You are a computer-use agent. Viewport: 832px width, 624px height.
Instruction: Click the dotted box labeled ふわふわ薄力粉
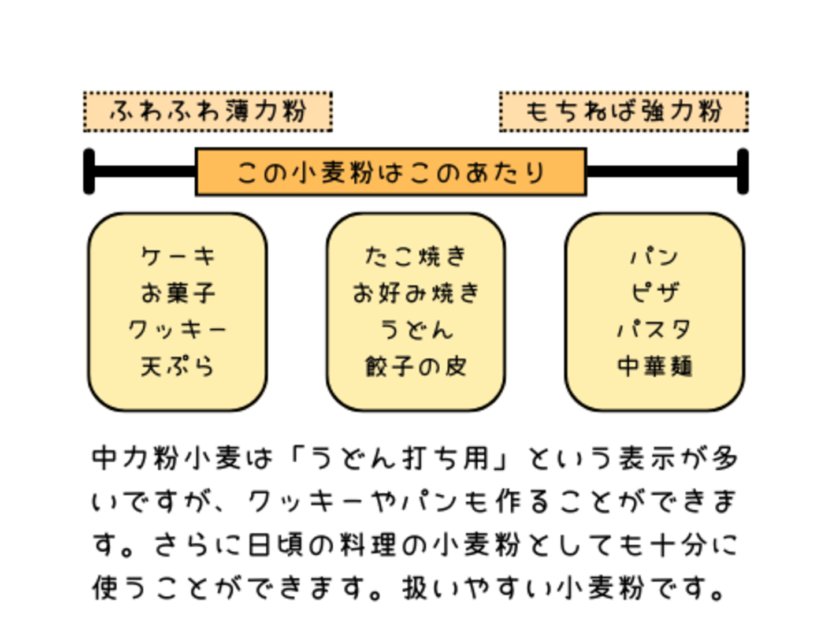208,112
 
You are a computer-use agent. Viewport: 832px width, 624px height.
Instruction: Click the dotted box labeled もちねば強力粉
623,112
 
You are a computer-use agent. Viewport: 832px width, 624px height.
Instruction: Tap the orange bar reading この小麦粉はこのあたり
391,172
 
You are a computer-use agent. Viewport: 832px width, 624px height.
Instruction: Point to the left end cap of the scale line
89,172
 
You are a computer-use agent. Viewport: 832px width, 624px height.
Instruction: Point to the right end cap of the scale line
743,172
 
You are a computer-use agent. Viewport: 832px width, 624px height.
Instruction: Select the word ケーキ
177,256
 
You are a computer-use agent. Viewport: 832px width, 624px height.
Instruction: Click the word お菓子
177,293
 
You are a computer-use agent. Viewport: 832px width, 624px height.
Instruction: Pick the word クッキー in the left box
177,330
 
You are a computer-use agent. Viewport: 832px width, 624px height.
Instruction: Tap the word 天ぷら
177,366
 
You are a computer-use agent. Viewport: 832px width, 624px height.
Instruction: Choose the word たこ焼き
415,256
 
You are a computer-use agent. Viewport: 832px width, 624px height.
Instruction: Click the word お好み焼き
415,293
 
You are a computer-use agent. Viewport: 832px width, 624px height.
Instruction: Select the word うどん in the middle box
415,330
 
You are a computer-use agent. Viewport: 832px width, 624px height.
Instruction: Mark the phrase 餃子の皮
415,366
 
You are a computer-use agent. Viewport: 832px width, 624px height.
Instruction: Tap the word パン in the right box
654,256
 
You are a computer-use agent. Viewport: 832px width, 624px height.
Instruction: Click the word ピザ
654,293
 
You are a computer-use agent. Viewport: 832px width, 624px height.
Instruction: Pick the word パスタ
654,330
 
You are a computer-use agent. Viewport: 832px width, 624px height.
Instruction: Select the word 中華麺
654,366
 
